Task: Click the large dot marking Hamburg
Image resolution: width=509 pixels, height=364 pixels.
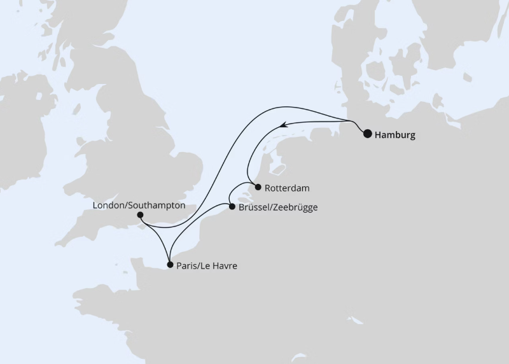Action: point(368,134)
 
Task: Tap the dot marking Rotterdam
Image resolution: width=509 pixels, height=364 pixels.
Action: point(257,187)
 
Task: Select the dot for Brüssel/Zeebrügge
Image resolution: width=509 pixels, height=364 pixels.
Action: point(232,206)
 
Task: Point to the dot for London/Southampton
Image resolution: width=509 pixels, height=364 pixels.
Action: point(141,216)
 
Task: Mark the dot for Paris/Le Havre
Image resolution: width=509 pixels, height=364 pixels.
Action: point(169,264)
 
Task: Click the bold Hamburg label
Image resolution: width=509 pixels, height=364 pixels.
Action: point(395,135)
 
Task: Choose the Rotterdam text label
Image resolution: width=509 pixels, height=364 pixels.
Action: point(288,188)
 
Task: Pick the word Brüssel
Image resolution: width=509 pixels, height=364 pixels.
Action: point(254,207)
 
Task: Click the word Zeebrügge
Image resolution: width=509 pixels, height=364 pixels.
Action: point(295,207)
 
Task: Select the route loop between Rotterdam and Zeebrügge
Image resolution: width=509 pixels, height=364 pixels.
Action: point(237,191)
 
